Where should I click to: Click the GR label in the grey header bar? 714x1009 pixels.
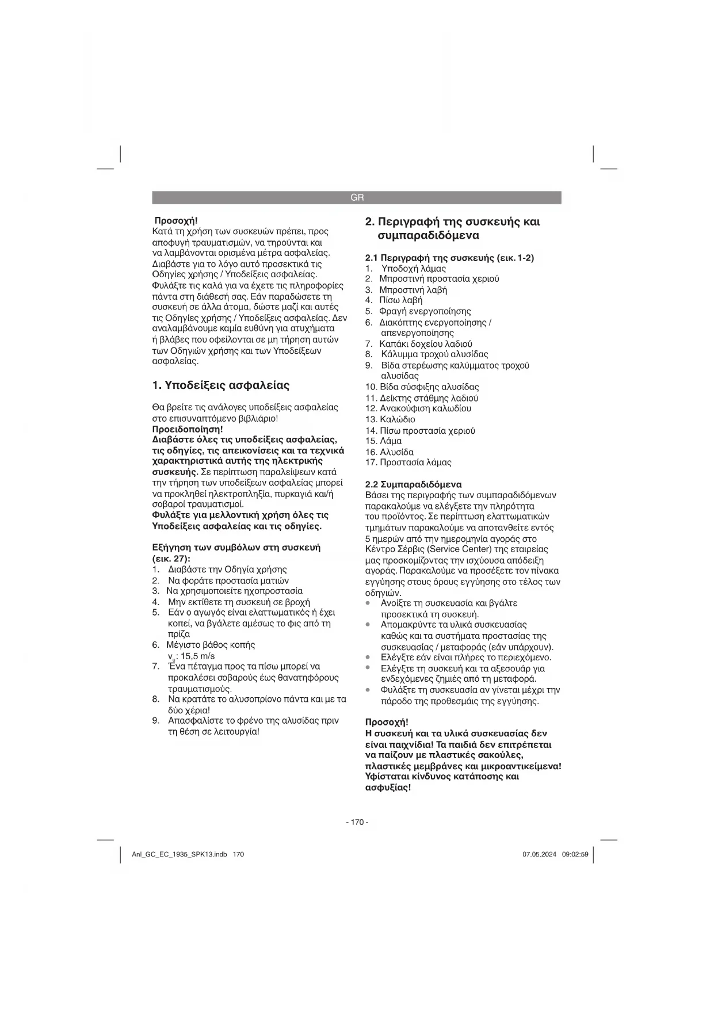pyautogui.click(x=357, y=198)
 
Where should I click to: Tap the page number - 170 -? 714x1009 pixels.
pyautogui.click(x=357, y=822)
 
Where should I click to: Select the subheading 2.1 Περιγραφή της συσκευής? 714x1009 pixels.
pyautogui.click(x=450, y=258)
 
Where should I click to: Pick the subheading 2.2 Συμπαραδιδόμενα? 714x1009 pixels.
pyautogui.click(x=414, y=484)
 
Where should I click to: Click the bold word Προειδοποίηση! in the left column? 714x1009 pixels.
pyautogui.click(x=188, y=429)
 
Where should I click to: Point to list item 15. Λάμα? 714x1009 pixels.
pyautogui.click(x=384, y=441)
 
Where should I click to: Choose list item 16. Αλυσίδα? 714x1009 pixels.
pyautogui.click(x=390, y=452)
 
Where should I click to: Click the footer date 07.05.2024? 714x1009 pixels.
pyautogui.click(x=540, y=854)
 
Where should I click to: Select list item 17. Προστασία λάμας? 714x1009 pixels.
pyautogui.click(x=408, y=463)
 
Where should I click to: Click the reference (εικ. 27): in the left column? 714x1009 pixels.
pyautogui.click(x=171, y=559)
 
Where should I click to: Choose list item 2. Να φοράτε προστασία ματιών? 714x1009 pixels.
pyautogui.click(x=221, y=580)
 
